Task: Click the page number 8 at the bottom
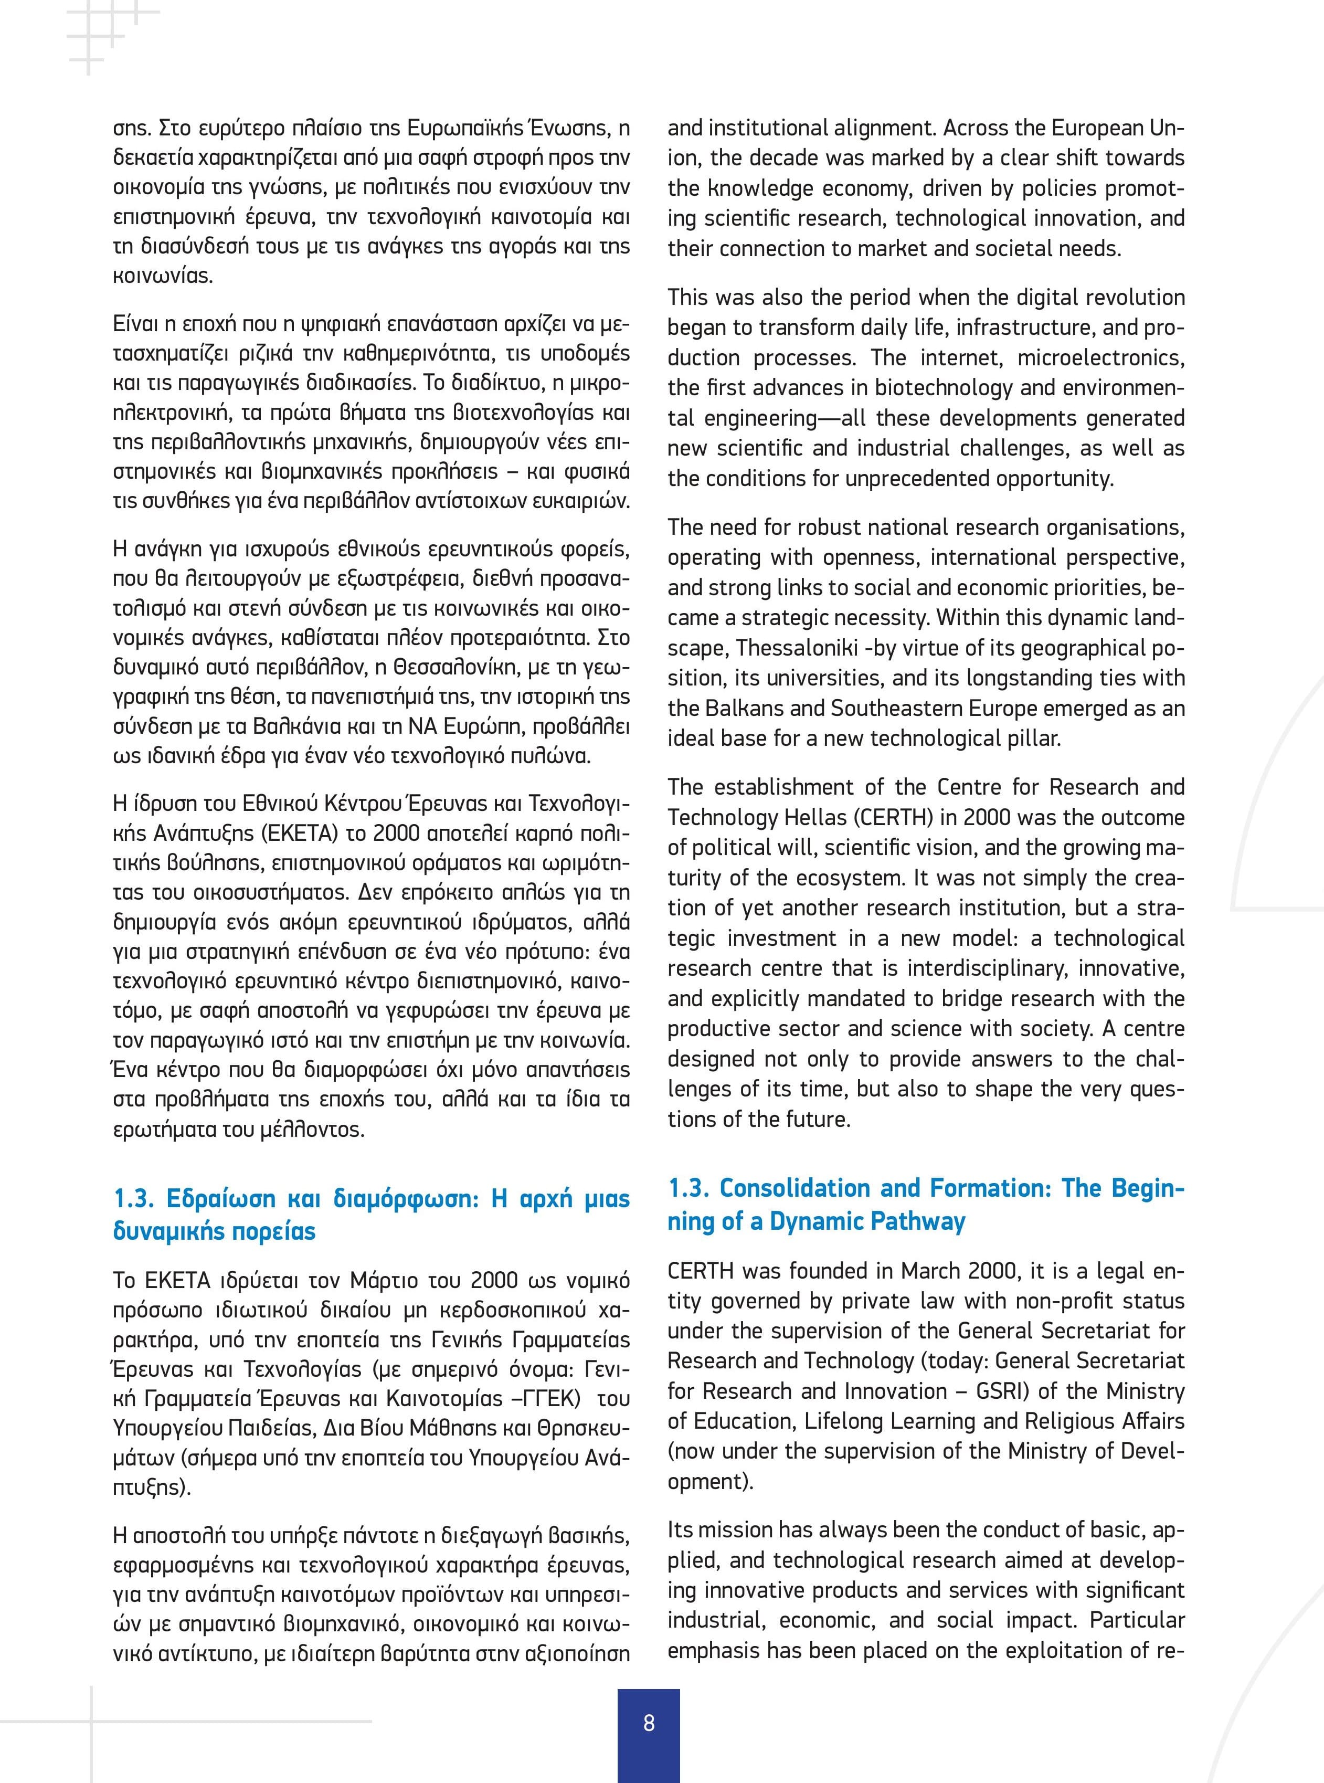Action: point(649,1722)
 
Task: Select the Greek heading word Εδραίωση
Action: point(219,1199)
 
